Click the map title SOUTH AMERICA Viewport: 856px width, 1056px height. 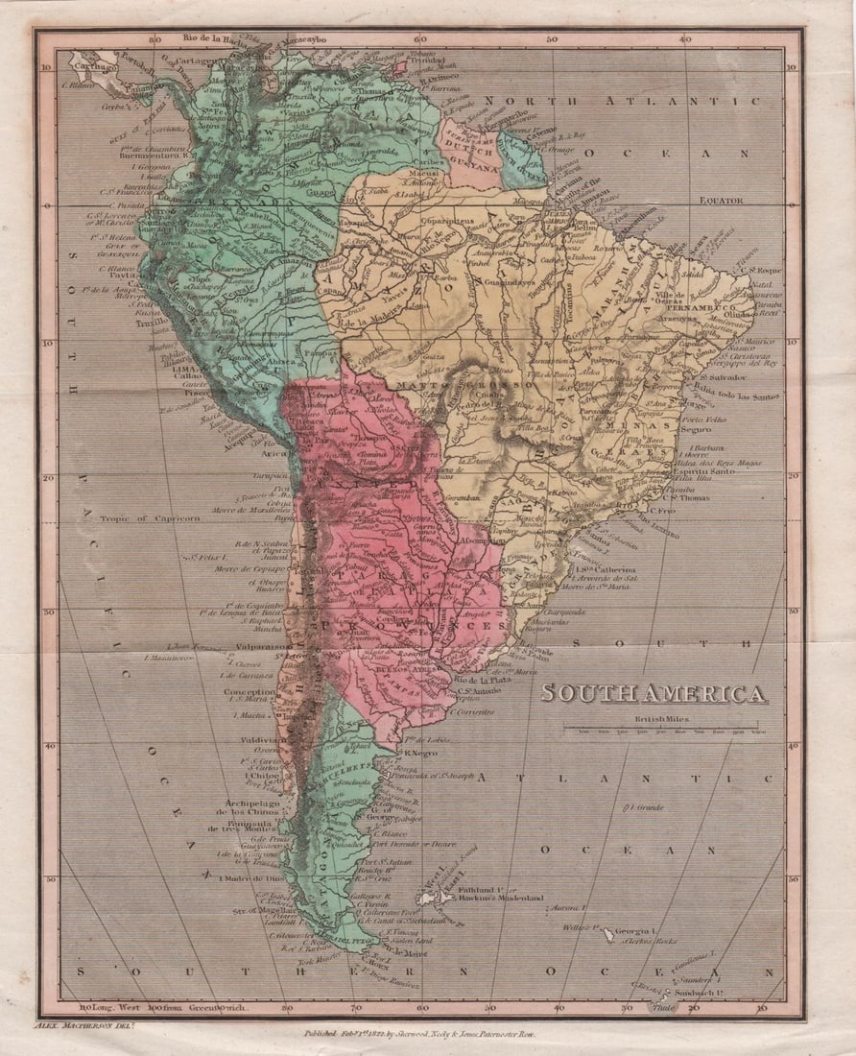[653, 693]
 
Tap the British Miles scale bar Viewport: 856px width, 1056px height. [663, 729]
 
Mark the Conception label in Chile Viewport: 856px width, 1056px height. [250, 691]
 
